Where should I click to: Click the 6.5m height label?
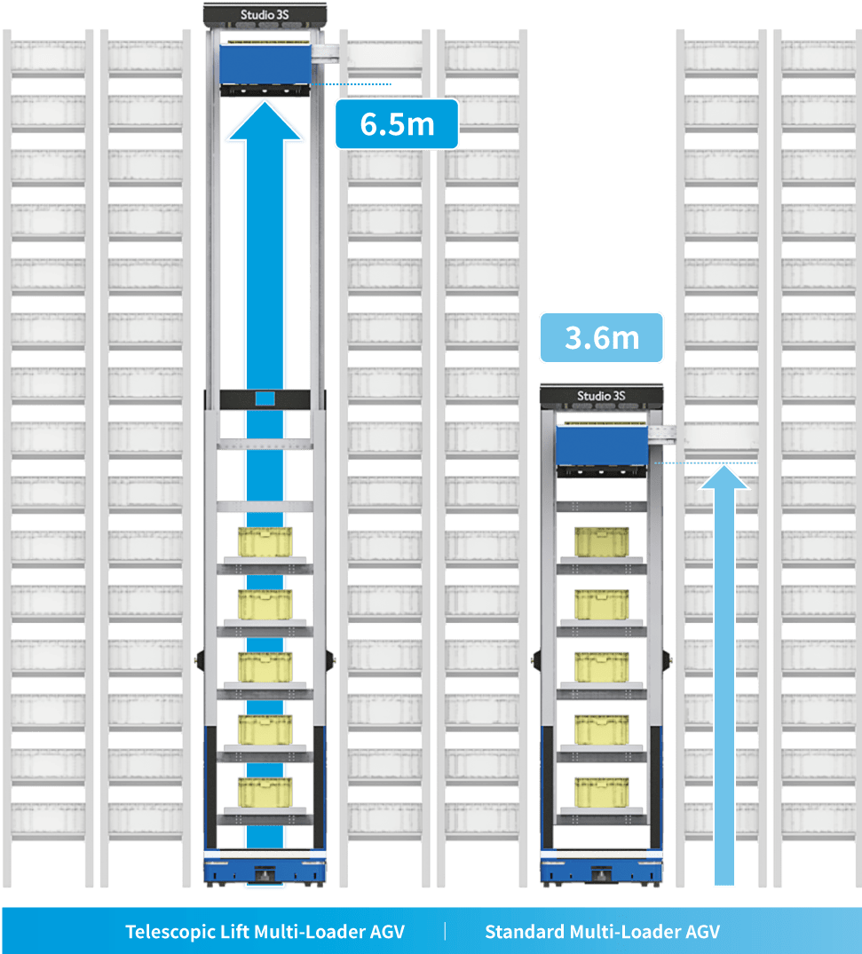coord(397,123)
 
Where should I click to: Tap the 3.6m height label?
coord(602,337)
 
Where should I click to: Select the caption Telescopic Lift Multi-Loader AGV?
coord(265,932)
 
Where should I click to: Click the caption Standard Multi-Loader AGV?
coord(602,932)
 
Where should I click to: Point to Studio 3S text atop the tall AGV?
coord(265,14)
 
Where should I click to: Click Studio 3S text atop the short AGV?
coord(601,396)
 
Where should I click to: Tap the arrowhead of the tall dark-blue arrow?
coord(265,121)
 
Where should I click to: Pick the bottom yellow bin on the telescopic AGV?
coord(265,792)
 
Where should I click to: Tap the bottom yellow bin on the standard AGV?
coord(601,792)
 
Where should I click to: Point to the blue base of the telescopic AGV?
coord(265,869)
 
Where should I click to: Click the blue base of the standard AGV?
coord(601,869)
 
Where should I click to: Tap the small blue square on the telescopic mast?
coord(265,398)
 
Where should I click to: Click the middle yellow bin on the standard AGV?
coord(601,666)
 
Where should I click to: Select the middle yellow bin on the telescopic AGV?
coord(265,666)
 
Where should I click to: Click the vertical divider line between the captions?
coord(445,931)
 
